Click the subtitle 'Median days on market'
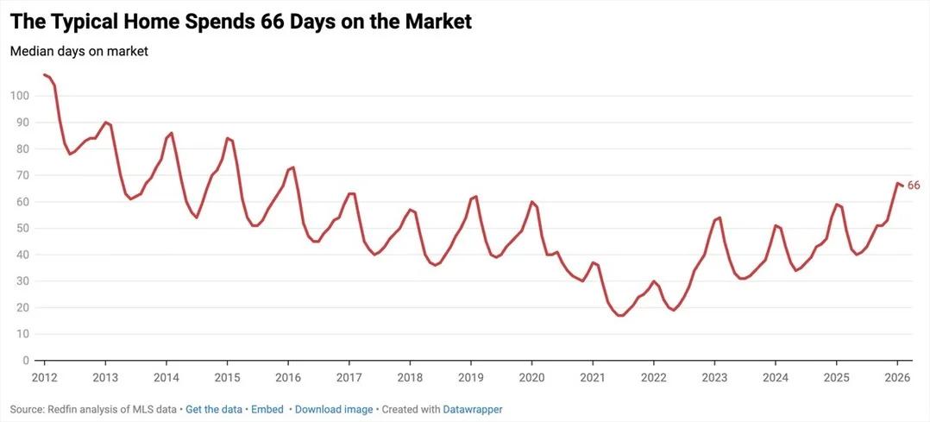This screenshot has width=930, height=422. [79, 52]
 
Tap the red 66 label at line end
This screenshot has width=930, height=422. [914, 186]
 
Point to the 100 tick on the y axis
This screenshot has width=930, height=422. [19, 96]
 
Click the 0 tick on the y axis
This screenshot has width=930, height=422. [26, 361]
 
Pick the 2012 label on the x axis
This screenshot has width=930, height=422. [44, 377]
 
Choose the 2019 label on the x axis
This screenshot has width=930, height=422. [470, 377]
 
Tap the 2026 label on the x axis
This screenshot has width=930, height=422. [897, 377]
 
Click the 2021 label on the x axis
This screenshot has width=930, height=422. [593, 377]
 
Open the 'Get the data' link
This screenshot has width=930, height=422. [214, 409]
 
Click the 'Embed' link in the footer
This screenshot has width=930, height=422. [267, 409]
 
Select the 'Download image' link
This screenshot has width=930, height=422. [334, 409]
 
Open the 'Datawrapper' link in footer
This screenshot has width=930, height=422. [473, 409]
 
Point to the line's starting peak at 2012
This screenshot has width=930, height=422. [45, 75]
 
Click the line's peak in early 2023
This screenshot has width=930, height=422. [719, 217]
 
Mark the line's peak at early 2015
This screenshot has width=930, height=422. [228, 138]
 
